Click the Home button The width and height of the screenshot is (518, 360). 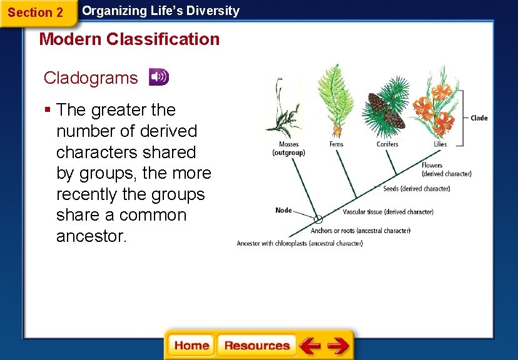pos(191,345)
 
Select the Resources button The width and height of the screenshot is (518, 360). pos(256,345)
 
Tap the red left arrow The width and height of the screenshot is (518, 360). pos(310,345)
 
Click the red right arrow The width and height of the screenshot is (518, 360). pos(338,345)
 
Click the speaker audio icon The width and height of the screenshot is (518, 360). pos(158,77)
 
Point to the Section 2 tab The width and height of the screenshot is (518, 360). pos(36,12)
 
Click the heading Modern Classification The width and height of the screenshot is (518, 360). pos(129,39)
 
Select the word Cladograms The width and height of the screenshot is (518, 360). pos(91,78)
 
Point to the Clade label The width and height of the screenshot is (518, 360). pos(479,118)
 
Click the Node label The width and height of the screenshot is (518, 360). pos(283,210)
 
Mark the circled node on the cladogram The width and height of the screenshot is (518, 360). pos(318,219)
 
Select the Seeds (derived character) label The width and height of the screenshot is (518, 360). pos(416,189)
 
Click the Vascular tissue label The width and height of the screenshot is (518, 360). pos(388,212)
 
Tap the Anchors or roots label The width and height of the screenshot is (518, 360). pos(369,231)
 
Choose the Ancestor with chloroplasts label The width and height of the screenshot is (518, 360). pos(300,244)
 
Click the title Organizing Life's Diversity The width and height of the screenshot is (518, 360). pos(161,11)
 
